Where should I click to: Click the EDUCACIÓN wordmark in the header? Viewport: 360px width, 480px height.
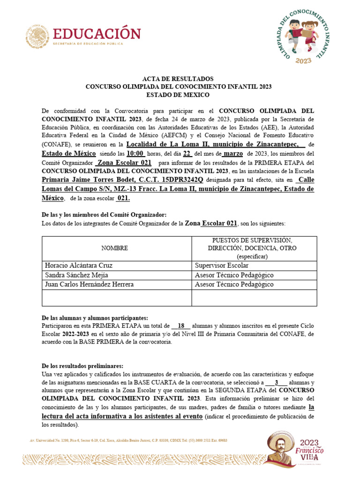97,34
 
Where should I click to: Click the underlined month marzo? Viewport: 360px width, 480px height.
233,154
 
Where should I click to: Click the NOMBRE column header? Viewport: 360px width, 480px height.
114,248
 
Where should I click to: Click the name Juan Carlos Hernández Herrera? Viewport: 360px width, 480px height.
89,285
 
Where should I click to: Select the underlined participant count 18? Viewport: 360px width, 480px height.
181,326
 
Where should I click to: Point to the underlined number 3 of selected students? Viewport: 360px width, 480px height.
277,382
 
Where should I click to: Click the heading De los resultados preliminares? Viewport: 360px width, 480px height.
82,366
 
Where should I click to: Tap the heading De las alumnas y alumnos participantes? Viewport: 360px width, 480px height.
95,318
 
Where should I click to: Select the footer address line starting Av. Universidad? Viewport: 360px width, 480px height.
128,441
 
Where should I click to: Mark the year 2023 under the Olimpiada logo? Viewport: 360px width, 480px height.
304,60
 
